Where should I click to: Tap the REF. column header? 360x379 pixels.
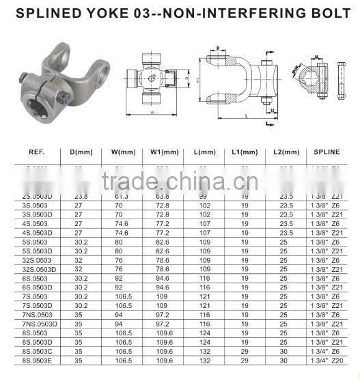click(x=31, y=151)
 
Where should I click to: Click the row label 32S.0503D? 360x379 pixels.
click(x=39, y=270)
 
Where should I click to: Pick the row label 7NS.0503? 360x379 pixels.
click(x=36, y=314)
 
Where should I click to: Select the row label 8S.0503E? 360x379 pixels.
click(x=37, y=359)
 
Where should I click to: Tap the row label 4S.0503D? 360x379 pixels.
click(x=36, y=233)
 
